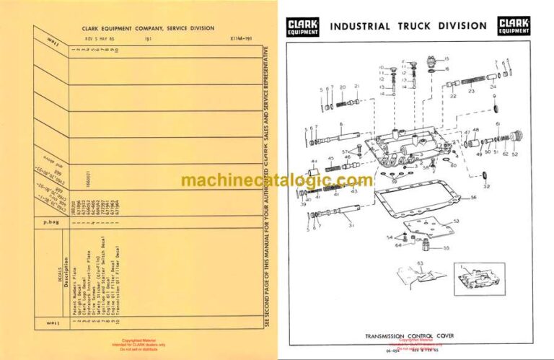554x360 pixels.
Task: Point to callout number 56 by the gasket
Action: pyautogui.click(x=473, y=196)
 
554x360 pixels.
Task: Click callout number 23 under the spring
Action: pyautogui.click(x=471, y=92)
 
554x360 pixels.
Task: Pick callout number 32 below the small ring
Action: pyautogui.click(x=486, y=186)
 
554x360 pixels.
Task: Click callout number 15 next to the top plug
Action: pyautogui.click(x=446, y=58)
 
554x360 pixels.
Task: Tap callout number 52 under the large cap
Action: pyautogui.click(x=514, y=153)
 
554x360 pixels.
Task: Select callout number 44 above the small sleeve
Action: pyautogui.click(x=314, y=161)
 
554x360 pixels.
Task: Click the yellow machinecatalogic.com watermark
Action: pyautogui.click(x=277, y=180)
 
